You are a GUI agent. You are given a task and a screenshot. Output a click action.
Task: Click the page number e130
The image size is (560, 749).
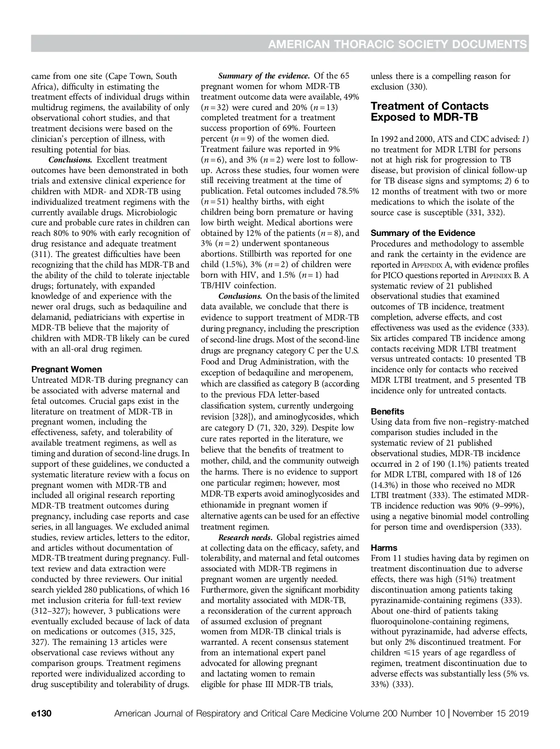click(41, 714)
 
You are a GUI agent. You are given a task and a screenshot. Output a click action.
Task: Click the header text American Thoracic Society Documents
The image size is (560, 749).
click(397, 44)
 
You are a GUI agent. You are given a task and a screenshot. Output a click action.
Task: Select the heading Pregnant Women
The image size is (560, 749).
click(67, 369)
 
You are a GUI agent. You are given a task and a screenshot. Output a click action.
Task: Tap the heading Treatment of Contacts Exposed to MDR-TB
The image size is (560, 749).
click(430, 112)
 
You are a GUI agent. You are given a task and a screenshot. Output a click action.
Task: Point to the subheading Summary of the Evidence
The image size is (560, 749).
click(423, 233)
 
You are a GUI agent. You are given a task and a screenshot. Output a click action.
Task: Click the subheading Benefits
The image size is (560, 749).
click(387, 411)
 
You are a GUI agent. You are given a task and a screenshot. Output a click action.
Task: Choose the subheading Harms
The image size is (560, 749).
click(384, 548)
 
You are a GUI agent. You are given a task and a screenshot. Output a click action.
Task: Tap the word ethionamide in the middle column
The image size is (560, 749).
click(222, 504)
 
